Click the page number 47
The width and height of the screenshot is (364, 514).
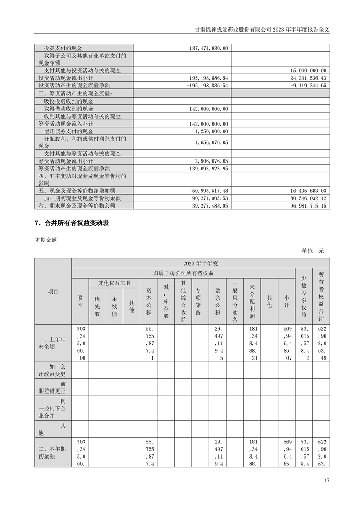[x=326, y=481]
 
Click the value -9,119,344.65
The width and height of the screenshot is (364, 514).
[x=305, y=86]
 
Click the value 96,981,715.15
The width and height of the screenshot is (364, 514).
[x=305, y=206]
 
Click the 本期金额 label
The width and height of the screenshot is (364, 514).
[x=45, y=240]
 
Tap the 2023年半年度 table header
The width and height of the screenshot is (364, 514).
[x=200, y=263]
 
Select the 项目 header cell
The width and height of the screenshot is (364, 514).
[x=53, y=291]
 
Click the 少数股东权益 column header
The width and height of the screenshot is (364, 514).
[x=303, y=296]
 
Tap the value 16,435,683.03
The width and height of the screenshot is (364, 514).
[x=305, y=191]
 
